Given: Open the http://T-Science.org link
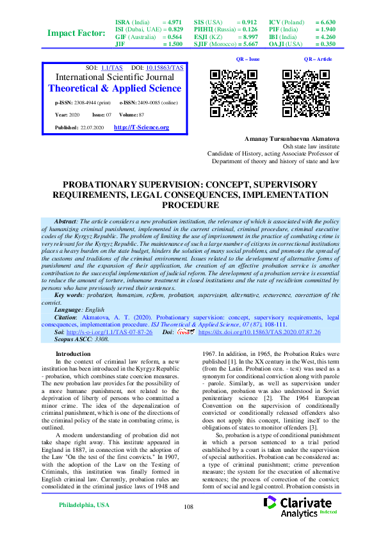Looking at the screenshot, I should tap(141, 127).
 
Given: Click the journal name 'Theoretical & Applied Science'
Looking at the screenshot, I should tap(115, 88).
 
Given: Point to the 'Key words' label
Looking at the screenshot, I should tap(69, 294).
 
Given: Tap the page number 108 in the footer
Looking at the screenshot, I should tap(188, 525).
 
